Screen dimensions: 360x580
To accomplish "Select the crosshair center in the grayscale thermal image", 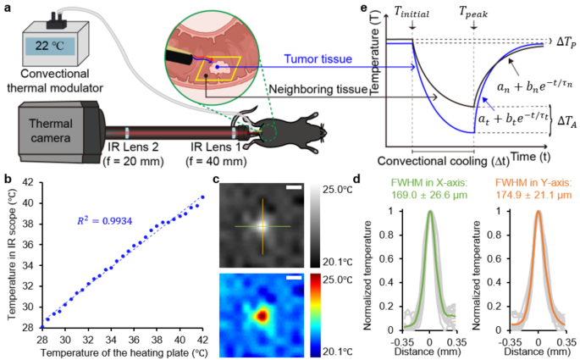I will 261,225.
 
